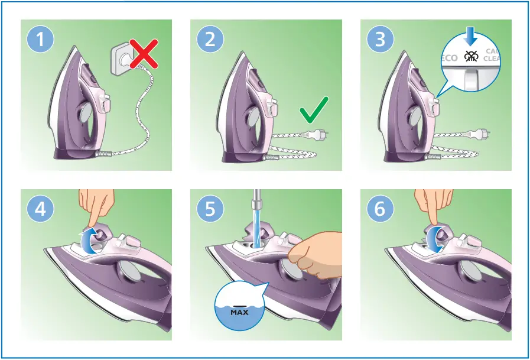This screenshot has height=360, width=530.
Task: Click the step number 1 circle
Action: [x=41, y=40]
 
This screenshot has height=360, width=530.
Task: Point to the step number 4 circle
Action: [x=41, y=210]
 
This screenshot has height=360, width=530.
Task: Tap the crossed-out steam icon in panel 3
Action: [x=471, y=57]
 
